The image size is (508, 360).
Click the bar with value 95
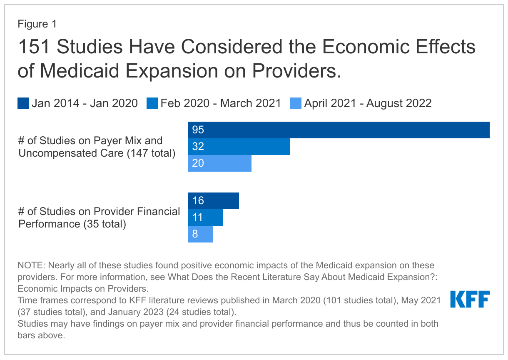[x=339, y=130]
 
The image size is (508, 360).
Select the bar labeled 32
[x=239, y=147]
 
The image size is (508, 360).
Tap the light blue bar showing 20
[x=219, y=163]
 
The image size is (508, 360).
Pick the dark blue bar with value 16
[x=213, y=201]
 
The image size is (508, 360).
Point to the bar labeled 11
[x=205, y=217]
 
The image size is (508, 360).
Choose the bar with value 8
[x=200, y=234]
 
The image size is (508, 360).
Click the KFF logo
[x=470, y=299]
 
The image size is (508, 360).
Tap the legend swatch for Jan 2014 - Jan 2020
[x=23, y=103]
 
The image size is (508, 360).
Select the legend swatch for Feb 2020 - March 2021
[x=152, y=103]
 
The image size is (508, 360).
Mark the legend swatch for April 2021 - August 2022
[x=296, y=103]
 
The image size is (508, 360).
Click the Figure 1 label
[x=37, y=24]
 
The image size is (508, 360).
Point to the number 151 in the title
[x=34, y=47]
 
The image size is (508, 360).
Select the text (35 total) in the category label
[x=104, y=224]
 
